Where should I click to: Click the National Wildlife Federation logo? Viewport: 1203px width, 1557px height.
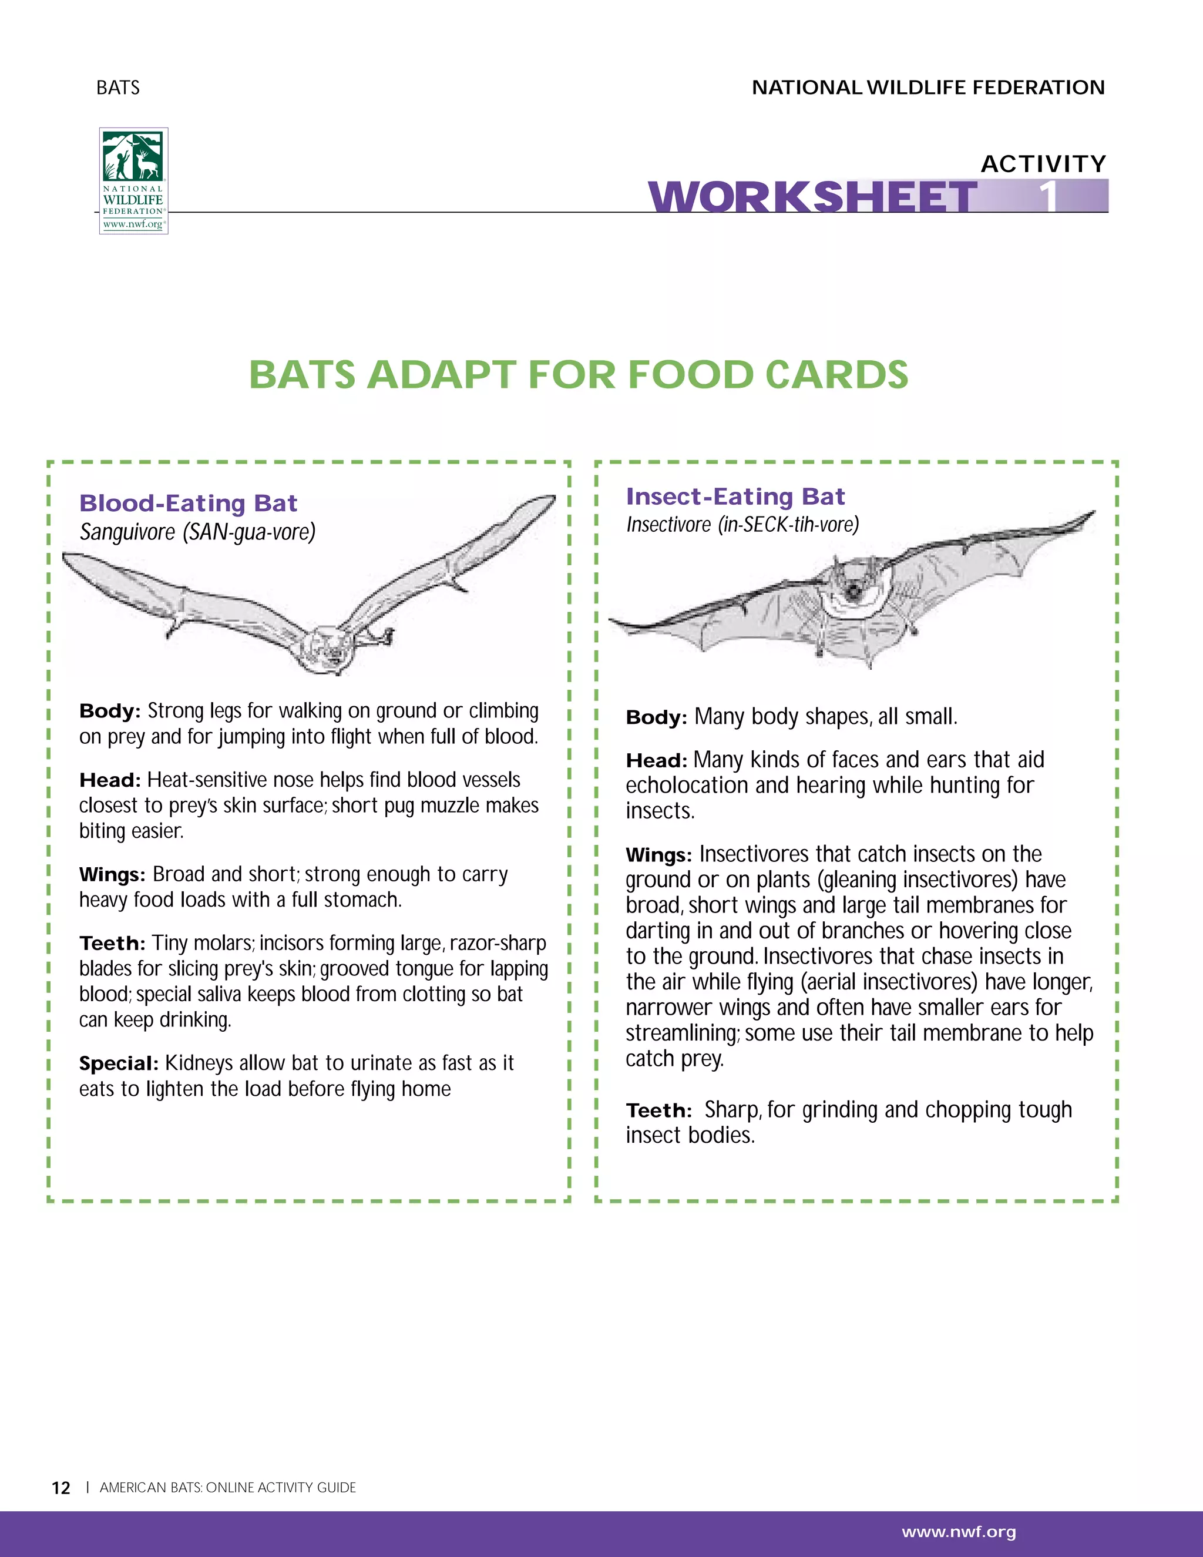tap(133, 180)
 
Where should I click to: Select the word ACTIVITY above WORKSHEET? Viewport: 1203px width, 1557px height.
tap(1043, 164)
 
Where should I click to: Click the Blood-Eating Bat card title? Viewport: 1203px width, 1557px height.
tap(188, 504)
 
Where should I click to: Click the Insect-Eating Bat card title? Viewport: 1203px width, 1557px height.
tap(735, 496)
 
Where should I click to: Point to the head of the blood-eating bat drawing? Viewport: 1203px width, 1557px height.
tap(330, 649)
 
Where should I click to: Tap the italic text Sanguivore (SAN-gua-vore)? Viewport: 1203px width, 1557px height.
tap(197, 532)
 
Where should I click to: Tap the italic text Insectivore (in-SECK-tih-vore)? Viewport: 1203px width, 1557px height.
tap(742, 525)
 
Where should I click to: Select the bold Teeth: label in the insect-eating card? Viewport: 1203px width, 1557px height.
tap(658, 1110)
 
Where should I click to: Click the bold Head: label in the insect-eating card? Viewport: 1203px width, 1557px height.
tap(656, 761)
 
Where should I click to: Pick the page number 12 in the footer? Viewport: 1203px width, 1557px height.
tap(61, 1488)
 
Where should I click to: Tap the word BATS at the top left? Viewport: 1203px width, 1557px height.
tap(118, 88)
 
